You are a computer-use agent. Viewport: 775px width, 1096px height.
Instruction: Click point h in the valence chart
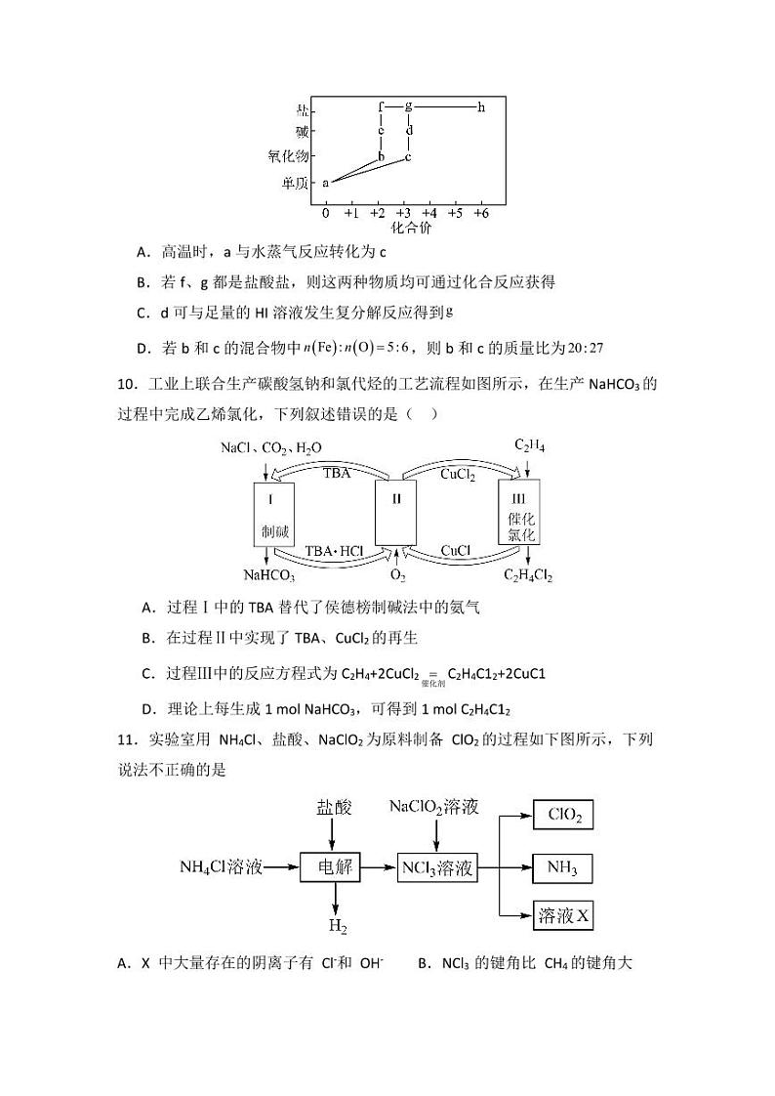coord(481,106)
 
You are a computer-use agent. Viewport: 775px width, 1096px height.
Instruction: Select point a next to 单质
coord(326,182)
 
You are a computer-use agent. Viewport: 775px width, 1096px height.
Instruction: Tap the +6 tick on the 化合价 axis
coord(481,212)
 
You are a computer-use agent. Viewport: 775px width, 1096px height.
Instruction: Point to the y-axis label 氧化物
coord(288,155)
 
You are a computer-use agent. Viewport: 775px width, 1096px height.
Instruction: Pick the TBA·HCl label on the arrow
coord(333,551)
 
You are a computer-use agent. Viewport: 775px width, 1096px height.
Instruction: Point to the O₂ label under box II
coord(397,575)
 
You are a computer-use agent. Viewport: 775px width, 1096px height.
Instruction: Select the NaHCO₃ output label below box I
coord(269,575)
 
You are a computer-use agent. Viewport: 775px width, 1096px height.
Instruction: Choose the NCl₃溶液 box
coord(437,866)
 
